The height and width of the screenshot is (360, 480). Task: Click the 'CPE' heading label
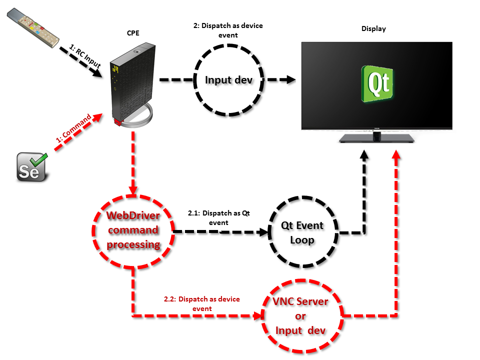(x=133, y=33)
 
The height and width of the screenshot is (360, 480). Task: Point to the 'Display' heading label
(x=373, y=28)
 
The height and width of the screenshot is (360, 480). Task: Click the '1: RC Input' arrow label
(x=84, y=56)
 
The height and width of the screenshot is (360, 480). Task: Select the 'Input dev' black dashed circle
(x=227, y=79)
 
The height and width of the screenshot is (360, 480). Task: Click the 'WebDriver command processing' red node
(x=133, y=230)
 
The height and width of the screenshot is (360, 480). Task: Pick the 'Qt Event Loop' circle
(x=302, y=232)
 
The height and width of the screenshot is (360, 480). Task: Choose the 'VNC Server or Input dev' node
(x=301, y=316)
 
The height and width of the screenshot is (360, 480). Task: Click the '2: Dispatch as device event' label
(x=227, y=30)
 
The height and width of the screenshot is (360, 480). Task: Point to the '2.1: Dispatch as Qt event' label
(x=218, y=217)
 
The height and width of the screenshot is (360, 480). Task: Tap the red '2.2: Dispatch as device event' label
(x=202, y=303)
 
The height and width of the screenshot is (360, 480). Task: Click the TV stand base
(x=376, y=138)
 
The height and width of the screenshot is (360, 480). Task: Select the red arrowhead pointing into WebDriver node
(x=133, y=191)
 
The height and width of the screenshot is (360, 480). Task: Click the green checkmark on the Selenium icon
(x=38, y=160)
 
